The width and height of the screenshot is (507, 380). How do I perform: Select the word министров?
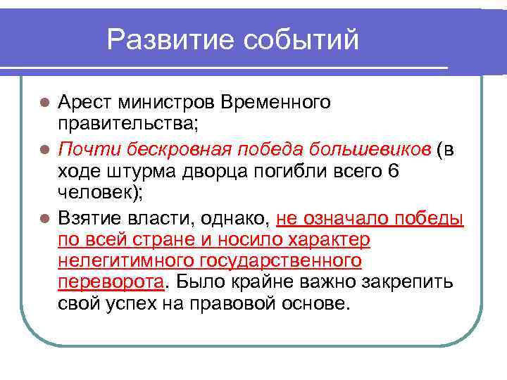168,103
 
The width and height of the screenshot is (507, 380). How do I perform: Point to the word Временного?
275,103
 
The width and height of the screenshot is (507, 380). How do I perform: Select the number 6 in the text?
393,171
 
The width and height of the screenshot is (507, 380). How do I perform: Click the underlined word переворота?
111,283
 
